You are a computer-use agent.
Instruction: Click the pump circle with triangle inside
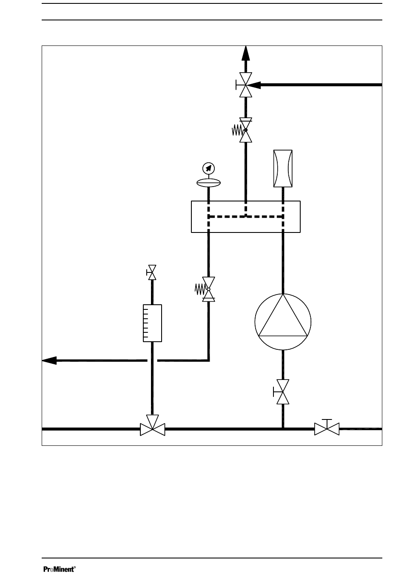tap(283, 321)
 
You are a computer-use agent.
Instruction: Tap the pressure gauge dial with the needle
tap(208, 168)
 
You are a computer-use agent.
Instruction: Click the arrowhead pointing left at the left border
tap(49, 360)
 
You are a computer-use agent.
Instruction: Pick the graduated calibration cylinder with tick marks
tap(152, 323)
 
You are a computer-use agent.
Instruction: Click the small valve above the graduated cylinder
tap(152, 273)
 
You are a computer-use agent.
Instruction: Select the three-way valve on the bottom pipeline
tap(152, 428)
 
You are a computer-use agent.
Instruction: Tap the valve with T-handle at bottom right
tap(327, 428)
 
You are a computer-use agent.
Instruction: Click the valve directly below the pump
tap(282, 392)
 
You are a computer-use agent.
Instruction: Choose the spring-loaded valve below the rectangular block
tap(208, 289)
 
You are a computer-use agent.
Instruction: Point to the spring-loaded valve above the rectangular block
tap(246, 130)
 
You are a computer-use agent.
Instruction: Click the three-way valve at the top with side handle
tap(245, 85)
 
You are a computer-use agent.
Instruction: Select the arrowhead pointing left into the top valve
tap(258, 85)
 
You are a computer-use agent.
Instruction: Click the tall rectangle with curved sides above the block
tap(282, 168)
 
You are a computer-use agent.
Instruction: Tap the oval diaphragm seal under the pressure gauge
tap(208, 183)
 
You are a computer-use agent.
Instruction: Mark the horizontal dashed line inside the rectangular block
tap(246, 216)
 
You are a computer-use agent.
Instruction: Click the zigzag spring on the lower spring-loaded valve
tap(200, 289)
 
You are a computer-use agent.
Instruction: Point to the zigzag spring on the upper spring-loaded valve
tap(237, 130)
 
